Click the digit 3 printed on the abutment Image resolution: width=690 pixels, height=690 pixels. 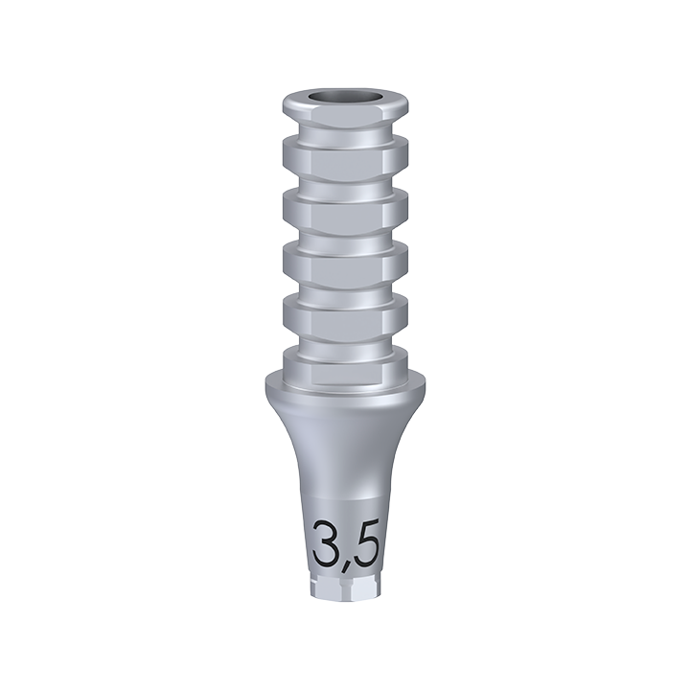pyautogui.click(x=327, y=544)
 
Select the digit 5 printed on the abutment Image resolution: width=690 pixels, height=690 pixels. pyautogui.click(x=365, y=544)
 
